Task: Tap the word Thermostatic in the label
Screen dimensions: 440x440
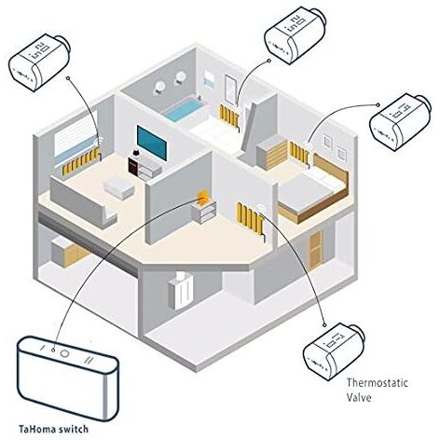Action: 377,382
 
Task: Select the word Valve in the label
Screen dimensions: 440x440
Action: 359,397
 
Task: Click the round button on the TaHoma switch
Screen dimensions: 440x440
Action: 65,353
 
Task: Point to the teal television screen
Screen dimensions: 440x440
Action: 152,143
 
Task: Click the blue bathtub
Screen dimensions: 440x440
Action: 184,110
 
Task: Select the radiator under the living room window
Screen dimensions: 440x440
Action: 81,160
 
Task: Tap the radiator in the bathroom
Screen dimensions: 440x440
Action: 229,116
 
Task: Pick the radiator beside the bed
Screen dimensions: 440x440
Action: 299,153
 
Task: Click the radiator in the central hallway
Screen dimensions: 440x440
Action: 251,217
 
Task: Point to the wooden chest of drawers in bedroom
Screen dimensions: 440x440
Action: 272,153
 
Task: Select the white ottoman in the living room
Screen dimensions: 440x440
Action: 119,187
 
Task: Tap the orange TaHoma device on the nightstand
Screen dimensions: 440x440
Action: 203,198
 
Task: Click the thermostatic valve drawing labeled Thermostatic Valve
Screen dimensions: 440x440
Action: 334,351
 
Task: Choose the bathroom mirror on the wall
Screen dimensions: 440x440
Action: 231,89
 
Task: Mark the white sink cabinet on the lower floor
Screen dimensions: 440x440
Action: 181,291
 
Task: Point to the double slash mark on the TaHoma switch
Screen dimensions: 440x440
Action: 88,360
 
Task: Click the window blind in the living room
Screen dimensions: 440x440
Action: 76,138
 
